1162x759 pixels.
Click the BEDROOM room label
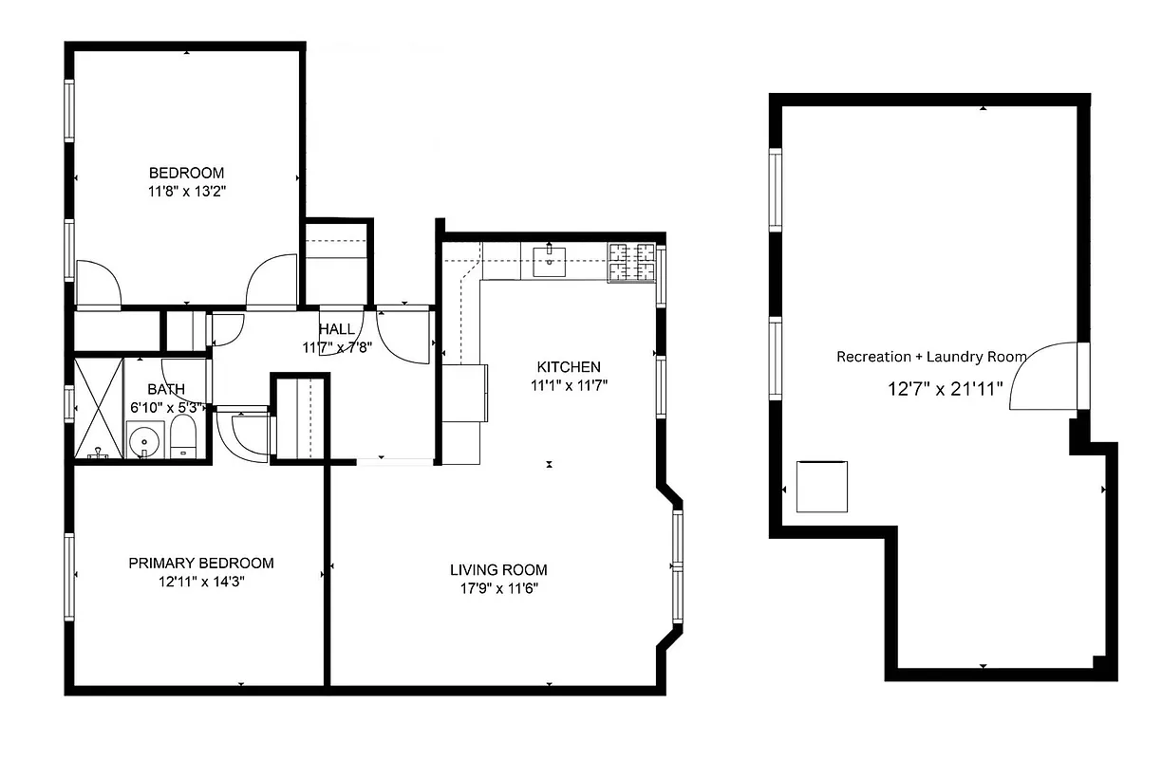(x=186, y=173)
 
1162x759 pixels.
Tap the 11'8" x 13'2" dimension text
(x=186, y=191)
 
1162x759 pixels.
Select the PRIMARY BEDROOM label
(x=201, y=563)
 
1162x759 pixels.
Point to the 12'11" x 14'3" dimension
(x=201, y=582)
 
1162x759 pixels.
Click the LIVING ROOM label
(x=498, y=569)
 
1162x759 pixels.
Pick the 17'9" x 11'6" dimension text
(x=498, y=588)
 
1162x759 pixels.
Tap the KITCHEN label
(x=569, y=367)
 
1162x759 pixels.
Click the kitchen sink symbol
(x=550, y=260)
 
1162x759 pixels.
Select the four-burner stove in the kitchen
(x=631, y=262)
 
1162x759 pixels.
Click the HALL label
(x=337, y=329)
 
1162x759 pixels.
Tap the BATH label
(x=166, y=389)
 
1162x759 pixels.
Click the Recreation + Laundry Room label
(x=931, y=357)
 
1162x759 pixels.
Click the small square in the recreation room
(x=821, y=486)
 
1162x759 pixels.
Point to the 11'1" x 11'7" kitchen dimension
(x=569, y=385)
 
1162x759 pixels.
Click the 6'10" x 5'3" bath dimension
(x=166, y=408)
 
